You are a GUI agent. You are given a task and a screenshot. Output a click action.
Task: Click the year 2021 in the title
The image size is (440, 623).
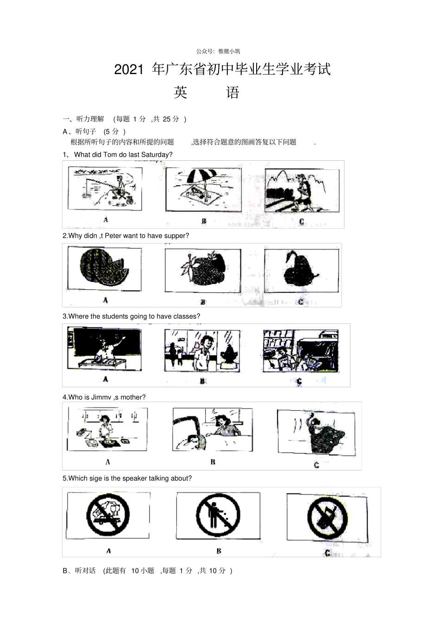[129, 70]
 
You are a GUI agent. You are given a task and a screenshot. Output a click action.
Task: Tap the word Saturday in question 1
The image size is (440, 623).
[157, 155]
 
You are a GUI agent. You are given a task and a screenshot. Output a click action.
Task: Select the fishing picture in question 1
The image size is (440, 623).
[105, 189]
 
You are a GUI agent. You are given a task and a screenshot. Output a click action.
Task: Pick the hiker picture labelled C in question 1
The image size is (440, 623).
[302, 190]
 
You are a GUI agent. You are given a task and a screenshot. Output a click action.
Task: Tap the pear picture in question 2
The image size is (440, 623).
[301, 270]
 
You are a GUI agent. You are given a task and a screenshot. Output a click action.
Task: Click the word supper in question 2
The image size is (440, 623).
[175, 236]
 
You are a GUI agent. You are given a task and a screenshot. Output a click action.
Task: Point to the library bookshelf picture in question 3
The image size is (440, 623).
[301, 351]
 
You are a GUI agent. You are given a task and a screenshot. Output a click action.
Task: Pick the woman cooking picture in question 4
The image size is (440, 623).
[107, 429]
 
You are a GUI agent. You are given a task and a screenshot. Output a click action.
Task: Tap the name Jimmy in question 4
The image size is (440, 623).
[101, 397]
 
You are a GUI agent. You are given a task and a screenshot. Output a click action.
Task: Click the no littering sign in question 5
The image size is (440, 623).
[218, 516]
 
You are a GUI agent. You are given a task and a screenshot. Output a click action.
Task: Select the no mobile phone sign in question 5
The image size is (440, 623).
[327, 518]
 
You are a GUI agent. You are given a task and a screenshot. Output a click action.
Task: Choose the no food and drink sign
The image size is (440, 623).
[108, 515]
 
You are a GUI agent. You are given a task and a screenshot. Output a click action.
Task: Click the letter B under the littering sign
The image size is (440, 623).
[219, 551]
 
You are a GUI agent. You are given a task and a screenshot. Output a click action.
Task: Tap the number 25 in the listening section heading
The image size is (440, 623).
[167, 119]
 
